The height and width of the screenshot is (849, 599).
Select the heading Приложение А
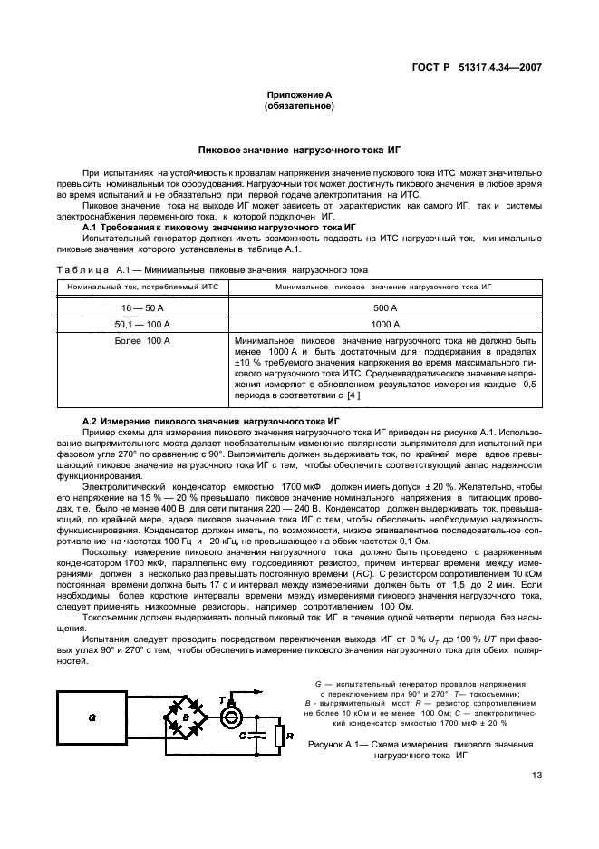299,95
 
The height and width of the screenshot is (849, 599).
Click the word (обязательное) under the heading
299,106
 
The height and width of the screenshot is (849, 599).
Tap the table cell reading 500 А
384,308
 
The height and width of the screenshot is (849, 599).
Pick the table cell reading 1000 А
384,324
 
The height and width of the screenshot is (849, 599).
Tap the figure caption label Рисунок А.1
335,744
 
